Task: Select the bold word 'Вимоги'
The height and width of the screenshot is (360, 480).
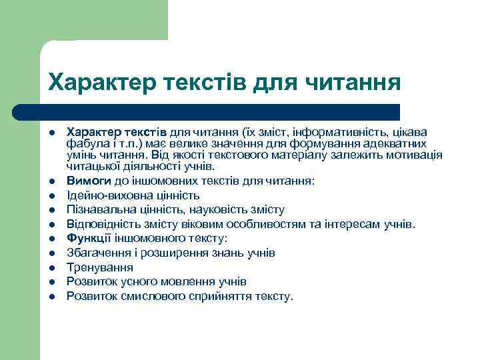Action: coord(85,181)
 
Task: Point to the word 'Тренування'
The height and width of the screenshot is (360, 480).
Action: coord(95,267)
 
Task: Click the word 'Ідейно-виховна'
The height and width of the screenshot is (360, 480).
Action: coord(103,195)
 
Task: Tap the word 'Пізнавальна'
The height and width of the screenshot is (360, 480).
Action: coord(97,210)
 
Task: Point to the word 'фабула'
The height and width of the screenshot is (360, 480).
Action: coord(83,143)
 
